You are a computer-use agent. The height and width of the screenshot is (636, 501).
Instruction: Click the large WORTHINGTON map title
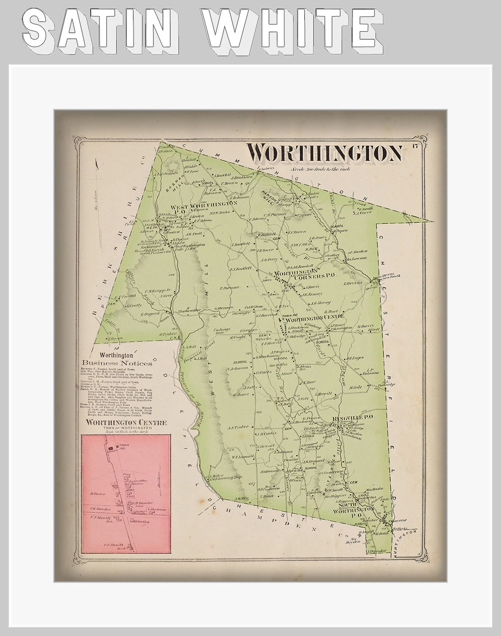coord(324,153)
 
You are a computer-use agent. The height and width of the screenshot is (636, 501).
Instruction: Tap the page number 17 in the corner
coord(415,146)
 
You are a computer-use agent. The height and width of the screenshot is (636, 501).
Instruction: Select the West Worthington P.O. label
coord(203,205)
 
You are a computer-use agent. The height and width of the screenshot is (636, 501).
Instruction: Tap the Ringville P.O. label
coord(353,417)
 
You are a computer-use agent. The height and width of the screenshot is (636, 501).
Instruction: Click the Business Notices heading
coord(117,363)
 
